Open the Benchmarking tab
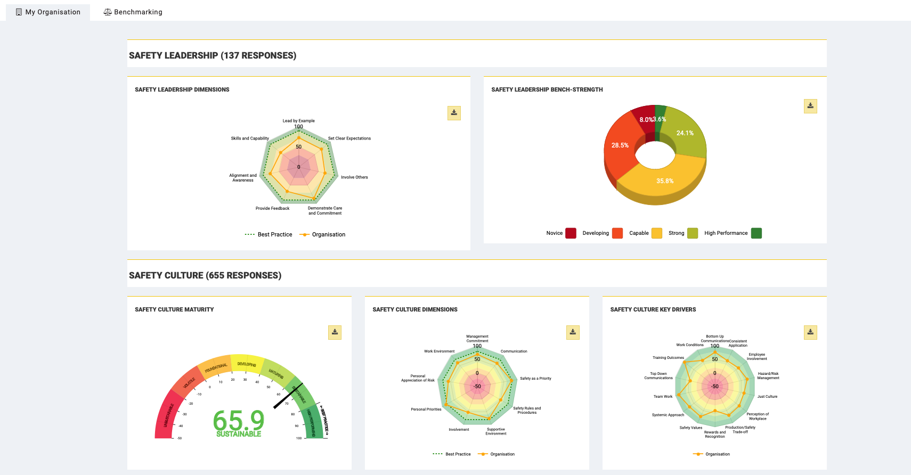(x=133, y=12)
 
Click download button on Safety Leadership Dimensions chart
(x=454, y=113)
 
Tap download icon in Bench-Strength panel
(x=810, y=106)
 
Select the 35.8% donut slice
(x=664, y=181)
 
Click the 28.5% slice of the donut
(x=620, y=145)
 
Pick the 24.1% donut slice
(x=685, y=133)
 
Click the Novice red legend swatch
(x=571, y=233)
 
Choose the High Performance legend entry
(x=726, y=233)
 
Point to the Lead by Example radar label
(x=298, y=121)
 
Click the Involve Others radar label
(x=354, y=177)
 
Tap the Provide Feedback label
(x=272, y=208)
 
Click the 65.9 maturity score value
(x=239, y=421)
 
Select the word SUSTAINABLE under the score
(x=239, y=434)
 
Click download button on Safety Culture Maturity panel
(x=335, y=332)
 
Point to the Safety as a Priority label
(x=535, y=379)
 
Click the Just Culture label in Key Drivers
(x=767, y=397)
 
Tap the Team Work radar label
(x=663, y=397)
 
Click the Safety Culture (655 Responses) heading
(x=205, y=275)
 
